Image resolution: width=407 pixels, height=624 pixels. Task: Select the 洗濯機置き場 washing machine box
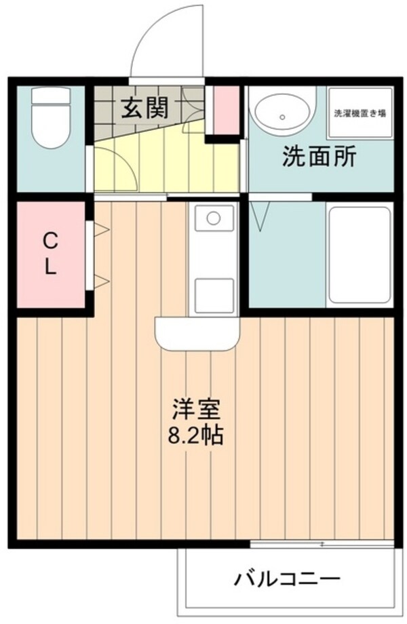360,113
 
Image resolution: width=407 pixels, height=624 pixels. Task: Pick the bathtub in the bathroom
359,256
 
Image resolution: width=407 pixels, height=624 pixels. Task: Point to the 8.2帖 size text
195,435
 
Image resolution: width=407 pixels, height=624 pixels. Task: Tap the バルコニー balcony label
287,581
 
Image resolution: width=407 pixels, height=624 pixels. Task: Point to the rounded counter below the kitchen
197,332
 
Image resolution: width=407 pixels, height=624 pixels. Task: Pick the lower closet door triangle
100,280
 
